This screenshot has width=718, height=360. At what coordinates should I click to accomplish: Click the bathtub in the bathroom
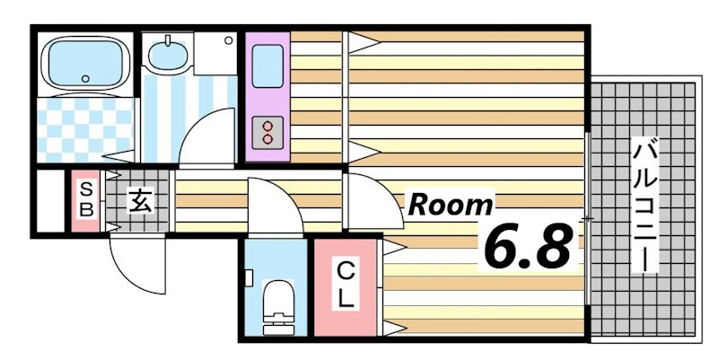[85, 63]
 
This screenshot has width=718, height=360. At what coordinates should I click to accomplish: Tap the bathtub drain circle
[85, 78]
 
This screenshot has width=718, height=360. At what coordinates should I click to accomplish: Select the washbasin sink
[168, 54]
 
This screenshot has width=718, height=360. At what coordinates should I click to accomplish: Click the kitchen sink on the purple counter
[267, 66]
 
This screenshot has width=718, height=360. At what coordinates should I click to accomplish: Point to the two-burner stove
[267, 132]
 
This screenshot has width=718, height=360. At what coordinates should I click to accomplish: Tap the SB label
[86, 198]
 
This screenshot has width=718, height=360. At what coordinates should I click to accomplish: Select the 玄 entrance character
[139, 201]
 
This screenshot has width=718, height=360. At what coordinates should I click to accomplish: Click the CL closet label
[346, 286]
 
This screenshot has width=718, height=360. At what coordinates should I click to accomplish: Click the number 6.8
[527, 246]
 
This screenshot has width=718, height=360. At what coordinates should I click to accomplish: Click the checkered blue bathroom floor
[85, 130]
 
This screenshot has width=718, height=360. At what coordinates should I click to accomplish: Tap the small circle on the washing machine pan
[229, 40]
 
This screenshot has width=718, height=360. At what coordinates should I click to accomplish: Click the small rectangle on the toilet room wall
[249, 278]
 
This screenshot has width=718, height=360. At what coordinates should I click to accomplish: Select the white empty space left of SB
[50, 201]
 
